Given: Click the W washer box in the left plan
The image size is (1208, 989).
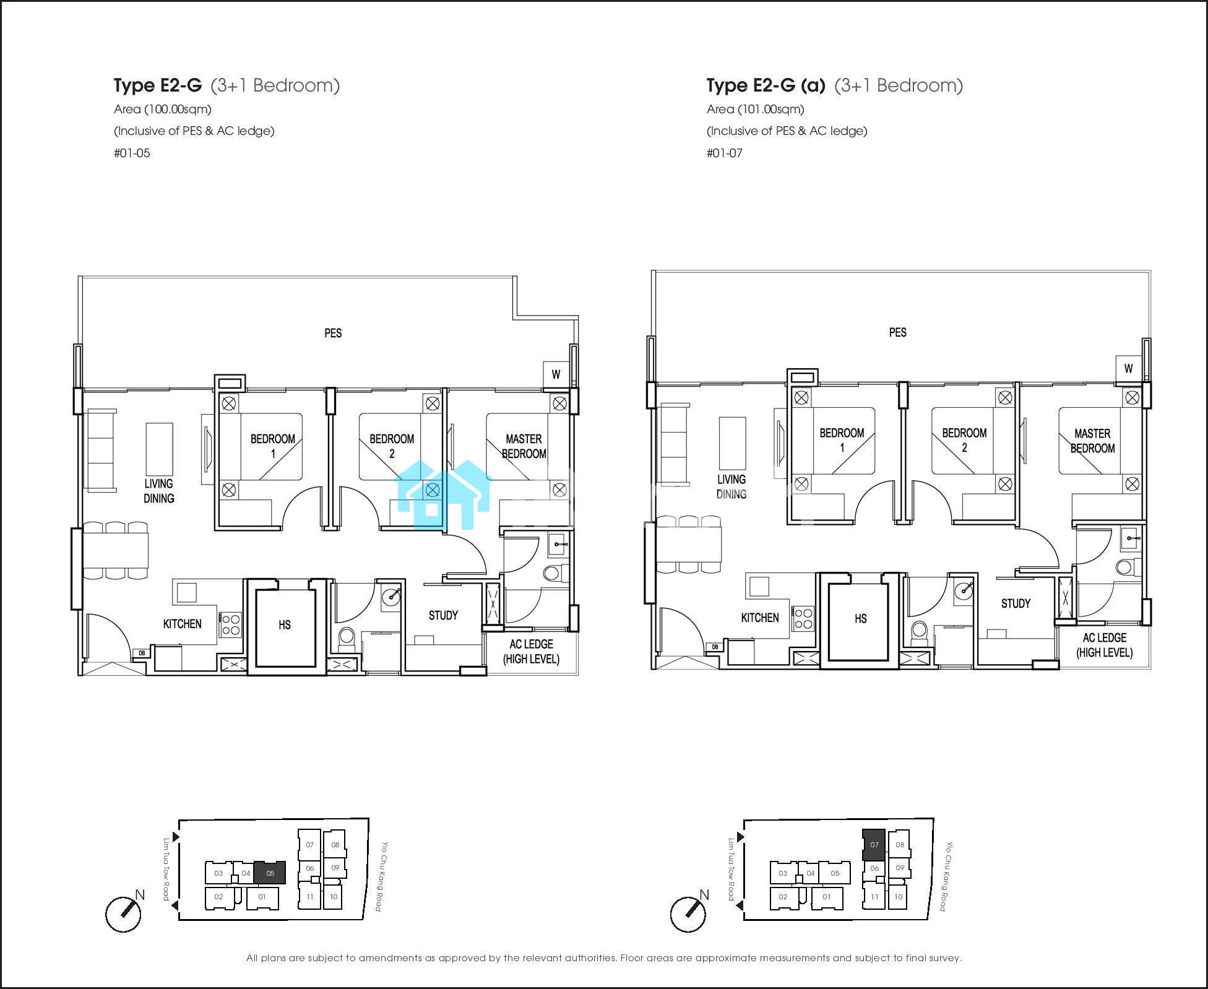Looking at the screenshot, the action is [x=556, y=374].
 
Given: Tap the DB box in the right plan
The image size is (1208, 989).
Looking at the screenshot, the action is [x=715, y=647].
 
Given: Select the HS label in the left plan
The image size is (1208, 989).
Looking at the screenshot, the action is [x=285, y=624].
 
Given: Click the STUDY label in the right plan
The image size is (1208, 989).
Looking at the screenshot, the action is [x=1016, y=603].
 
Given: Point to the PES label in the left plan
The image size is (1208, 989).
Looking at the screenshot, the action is [x=333, y=333].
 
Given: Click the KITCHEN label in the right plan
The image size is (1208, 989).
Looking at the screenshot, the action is [x=760, y=618].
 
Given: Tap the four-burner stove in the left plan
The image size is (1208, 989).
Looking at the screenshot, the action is [x=230, y=624].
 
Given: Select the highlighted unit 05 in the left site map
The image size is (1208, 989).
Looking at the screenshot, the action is [x=270, y=873].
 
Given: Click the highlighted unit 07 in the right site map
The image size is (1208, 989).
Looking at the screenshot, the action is [x=874, y=844].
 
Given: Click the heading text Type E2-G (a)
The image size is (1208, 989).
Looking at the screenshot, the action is [x=766, y=85].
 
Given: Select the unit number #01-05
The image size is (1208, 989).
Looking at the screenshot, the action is [x=132, y=153].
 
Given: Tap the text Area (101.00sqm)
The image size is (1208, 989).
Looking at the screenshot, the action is [x=756, y=110].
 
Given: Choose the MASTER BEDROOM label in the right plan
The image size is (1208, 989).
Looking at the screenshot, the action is [x=1092, y=441].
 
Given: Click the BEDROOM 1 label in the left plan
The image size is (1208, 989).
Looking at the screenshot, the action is [x=272, y=446].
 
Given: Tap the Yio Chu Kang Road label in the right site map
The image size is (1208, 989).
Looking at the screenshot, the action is [x=946, y=876].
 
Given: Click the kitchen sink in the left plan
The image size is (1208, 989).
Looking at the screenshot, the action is [x=186, y=592].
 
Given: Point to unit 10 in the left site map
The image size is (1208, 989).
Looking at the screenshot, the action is [x=334, y=897].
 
